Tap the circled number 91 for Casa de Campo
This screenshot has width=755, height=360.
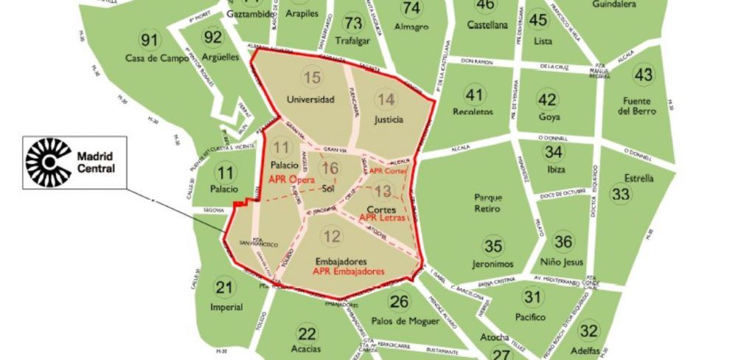coord(150,40)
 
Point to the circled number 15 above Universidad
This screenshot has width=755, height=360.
coord(312,77)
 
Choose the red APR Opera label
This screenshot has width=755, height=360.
coord(291,179)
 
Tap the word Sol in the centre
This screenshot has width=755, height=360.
coord(329,189)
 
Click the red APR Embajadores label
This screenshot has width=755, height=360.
coord(349,271)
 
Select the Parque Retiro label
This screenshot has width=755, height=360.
coord(488,203)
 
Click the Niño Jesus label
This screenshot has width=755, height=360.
coord(563,262)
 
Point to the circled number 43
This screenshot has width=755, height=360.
coord(644,75)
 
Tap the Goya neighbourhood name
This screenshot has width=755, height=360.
coord(549,117)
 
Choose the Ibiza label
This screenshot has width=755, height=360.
coord(554,169)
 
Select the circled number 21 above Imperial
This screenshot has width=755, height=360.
coord(225,288)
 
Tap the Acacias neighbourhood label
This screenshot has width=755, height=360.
coord(306,348)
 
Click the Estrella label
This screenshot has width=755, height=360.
coord(639,178)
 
